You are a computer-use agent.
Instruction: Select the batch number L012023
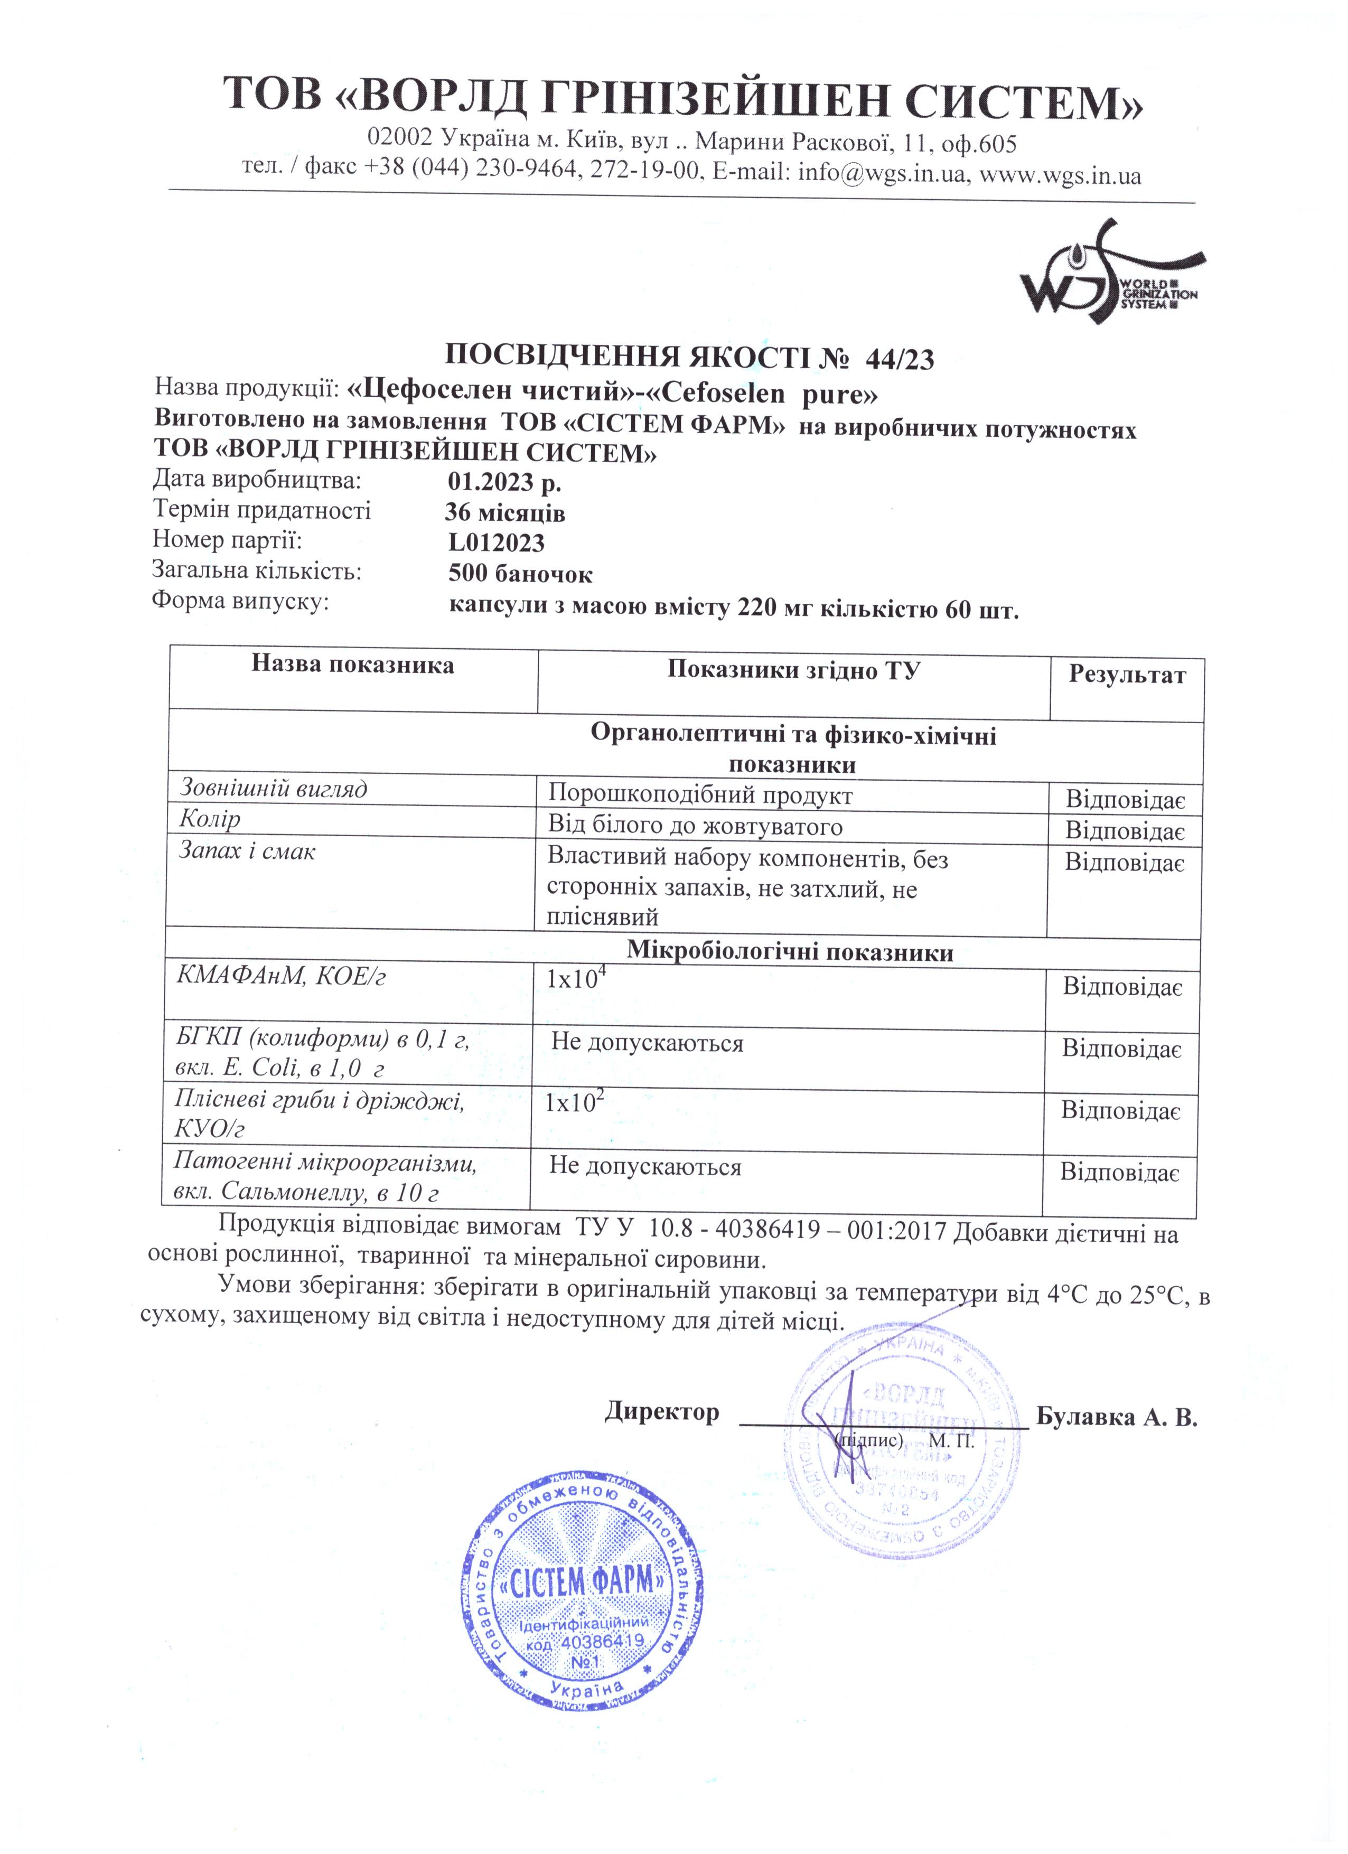496,543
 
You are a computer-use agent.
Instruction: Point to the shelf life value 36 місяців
504,513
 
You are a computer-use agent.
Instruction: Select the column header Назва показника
352,664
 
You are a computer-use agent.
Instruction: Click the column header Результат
1127,675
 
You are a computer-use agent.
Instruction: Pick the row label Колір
210,819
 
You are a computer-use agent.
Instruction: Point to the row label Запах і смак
247,852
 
